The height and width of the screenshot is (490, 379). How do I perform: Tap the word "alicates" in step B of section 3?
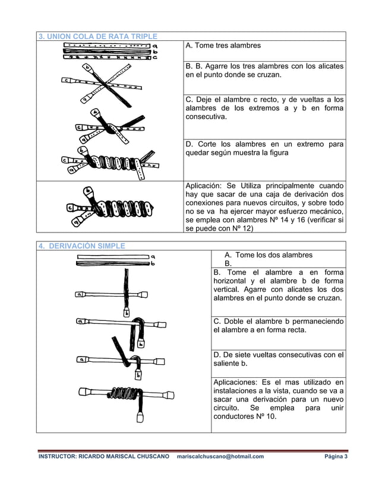pos(329,66)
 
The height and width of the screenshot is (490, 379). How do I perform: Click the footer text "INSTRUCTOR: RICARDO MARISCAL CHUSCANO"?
pos(103,456)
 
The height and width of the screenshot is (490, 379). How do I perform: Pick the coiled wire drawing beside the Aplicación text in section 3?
pos(111,207)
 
